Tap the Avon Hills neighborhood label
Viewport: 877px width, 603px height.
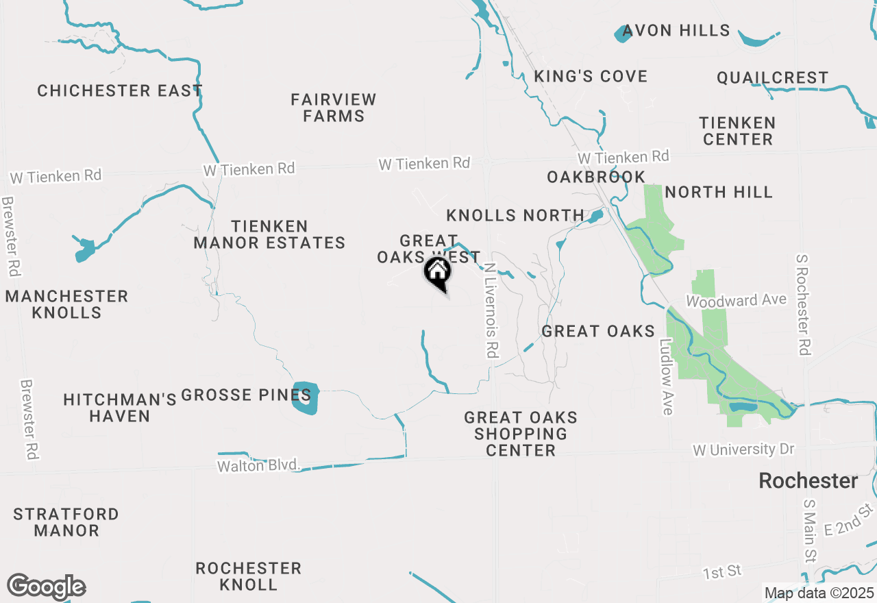676,31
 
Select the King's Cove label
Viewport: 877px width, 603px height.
591,76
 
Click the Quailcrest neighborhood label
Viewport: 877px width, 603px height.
772,78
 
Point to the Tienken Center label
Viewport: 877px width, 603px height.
737,131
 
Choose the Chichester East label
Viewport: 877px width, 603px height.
120,90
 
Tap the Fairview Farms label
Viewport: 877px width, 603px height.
334,108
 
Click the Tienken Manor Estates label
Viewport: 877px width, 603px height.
269,234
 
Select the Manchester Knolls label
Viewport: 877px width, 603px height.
67,304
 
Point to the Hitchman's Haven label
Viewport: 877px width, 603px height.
120,408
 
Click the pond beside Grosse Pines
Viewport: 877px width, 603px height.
305,397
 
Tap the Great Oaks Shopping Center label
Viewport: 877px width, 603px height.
521,434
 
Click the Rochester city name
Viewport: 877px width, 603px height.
808,481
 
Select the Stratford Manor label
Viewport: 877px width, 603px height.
66,522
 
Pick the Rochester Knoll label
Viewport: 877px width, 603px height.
248,576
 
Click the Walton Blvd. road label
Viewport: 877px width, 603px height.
259,466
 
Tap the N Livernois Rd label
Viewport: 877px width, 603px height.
491,312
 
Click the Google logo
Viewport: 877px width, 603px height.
47,587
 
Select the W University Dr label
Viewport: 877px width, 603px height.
743,450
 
